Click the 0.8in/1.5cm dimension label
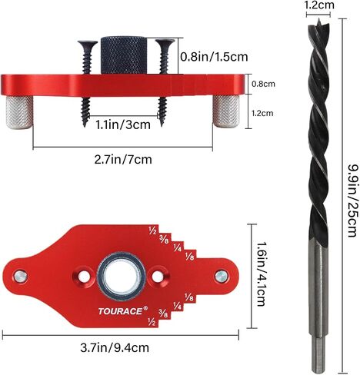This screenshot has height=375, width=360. [x=214, y=57]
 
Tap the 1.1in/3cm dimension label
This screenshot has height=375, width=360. [x=123, y=124]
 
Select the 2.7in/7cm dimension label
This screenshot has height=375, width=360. [x=123, y=159]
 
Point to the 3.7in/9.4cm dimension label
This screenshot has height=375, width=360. [x=115, y=347]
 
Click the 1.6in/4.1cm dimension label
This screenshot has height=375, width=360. [x=262, y=274]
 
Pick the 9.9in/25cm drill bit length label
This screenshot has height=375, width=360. [x=351, y=201]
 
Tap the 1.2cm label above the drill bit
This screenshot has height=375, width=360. [x=320, y=5]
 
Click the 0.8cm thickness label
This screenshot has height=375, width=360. [x=263, y=84]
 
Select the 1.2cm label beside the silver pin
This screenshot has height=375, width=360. [x=262, y=113]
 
